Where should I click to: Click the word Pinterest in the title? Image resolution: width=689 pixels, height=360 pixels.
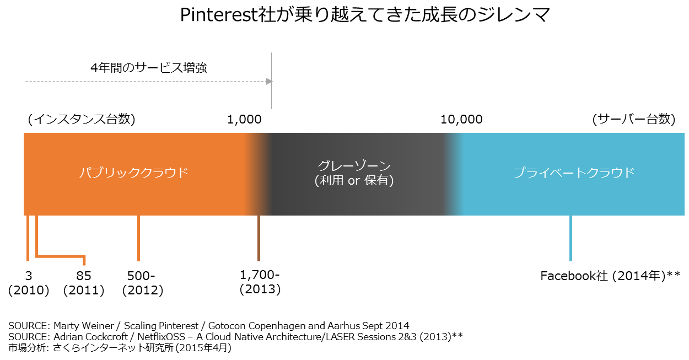pos(218,15)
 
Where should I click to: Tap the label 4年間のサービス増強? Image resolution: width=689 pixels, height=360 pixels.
pos(149,68)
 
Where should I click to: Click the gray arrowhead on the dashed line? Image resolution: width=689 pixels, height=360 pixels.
pos(269,81)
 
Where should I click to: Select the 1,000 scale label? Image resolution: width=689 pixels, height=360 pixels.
pos(244,120)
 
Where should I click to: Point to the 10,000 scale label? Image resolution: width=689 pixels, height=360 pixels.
pos(461,120)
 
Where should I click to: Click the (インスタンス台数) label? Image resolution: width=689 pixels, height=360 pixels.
pos(82,120)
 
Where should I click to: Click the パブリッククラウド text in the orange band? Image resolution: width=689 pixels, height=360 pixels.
pos(134,173)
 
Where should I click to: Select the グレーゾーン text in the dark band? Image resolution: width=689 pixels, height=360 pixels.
pos(354,166)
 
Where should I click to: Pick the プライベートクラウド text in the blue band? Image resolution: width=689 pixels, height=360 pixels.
pos(574,173)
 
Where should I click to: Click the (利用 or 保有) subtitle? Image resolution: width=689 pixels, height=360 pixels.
pos(354,181)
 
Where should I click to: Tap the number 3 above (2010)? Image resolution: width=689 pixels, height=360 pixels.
pos(29,276)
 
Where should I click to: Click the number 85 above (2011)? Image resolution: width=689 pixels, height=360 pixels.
pos(84,276)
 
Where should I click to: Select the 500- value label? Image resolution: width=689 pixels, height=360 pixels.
pos(141,276)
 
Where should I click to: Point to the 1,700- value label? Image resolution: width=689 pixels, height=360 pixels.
pos(260,275)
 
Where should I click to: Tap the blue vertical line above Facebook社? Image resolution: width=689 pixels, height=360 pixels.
pos(570,238)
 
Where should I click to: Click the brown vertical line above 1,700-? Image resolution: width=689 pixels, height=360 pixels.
pos(259,238)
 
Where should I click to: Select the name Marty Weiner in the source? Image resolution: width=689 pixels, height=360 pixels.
pos(84,325)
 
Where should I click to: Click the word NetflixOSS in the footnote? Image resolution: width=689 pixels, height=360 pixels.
pos(161,337)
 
